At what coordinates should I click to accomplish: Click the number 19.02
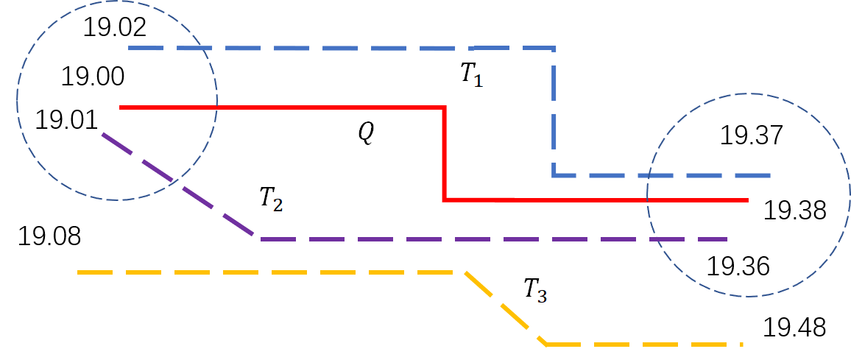pos(114,28)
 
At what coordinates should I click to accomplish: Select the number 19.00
pos(92,76)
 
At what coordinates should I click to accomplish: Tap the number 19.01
pos(66,119)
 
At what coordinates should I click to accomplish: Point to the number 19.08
pos(49,237)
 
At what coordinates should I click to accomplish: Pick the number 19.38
pos(795,211)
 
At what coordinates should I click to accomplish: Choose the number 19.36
pos(738,266)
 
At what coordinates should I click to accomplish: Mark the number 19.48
pos(795,328)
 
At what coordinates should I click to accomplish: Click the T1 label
pos(471,75)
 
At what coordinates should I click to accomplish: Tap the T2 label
pos(271,199)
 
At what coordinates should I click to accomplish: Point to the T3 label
pos(535,290)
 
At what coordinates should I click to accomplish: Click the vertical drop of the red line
pos(445,153)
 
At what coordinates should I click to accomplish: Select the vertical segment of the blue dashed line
pos(554,110)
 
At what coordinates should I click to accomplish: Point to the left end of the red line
pos(120,107)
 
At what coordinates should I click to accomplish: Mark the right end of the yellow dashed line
pos(741,344)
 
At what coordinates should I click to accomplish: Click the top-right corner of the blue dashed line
pos(554,49)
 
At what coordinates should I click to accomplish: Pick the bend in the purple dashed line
pos(258,239)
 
